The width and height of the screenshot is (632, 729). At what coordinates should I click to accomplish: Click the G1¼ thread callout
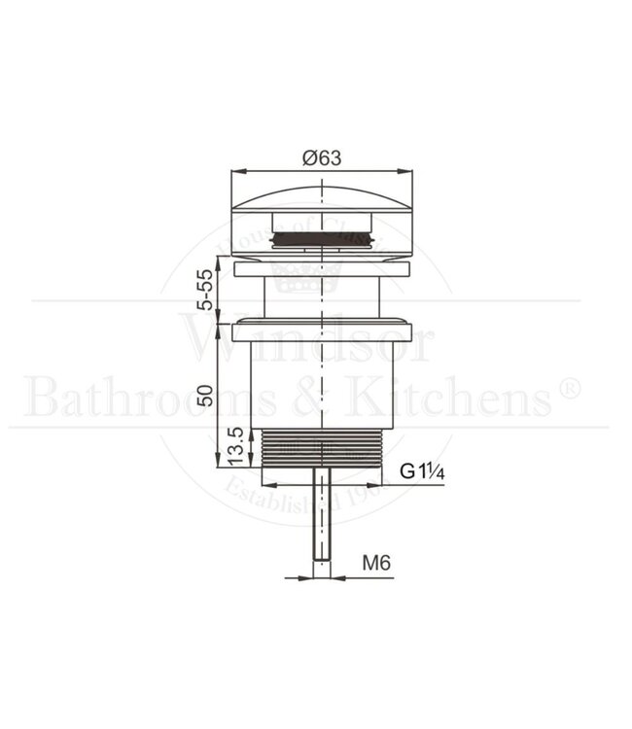pos(422,472)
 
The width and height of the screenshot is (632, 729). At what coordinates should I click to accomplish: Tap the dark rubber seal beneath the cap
pos(322,236)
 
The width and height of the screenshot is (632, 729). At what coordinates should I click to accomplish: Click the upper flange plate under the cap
pos(322,264)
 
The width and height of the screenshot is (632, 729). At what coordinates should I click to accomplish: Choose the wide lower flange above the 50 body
pos(322,330)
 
